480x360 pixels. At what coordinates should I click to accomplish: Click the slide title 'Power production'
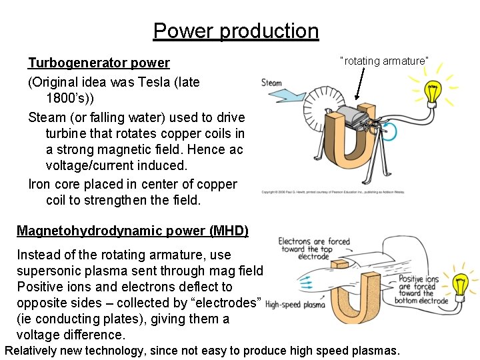(x=236, y=31)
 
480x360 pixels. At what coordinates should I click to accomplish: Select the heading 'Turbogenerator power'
(x=99, y=63)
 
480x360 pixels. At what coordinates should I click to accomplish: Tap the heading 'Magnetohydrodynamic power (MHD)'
(x=133, y=231)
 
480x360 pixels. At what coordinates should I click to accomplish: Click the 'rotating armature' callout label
(x=384, y=61)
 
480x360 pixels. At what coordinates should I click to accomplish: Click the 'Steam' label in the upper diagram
(x=271, y=83)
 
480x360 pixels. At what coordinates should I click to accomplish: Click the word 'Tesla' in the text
(x=159, y=82)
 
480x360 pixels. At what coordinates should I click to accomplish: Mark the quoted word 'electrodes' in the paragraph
(x=229, y=303)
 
